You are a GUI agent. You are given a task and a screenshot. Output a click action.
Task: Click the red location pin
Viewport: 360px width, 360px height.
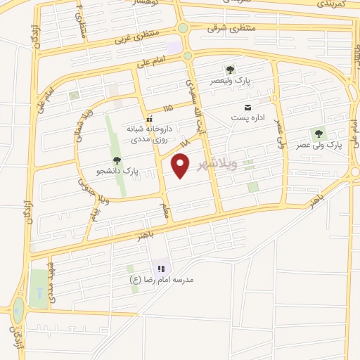click(x=181, y=166)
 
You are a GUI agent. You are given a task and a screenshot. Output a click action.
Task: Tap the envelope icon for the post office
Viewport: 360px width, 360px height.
click(x=247, y=107)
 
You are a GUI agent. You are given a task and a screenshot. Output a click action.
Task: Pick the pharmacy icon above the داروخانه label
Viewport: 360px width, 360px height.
click(x=149, y=118)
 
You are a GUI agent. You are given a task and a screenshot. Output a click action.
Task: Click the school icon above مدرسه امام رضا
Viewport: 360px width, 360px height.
click(x=162, y=268)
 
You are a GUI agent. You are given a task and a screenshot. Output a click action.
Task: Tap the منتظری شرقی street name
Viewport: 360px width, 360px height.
click(x=229, y=28)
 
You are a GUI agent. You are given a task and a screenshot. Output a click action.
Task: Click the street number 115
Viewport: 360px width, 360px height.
click(x=167, y=108)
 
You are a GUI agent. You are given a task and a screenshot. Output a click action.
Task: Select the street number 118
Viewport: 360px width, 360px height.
click(x=185, y=143)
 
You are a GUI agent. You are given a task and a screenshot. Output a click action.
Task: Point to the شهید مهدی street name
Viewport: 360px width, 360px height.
click(x=50, y=276)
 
